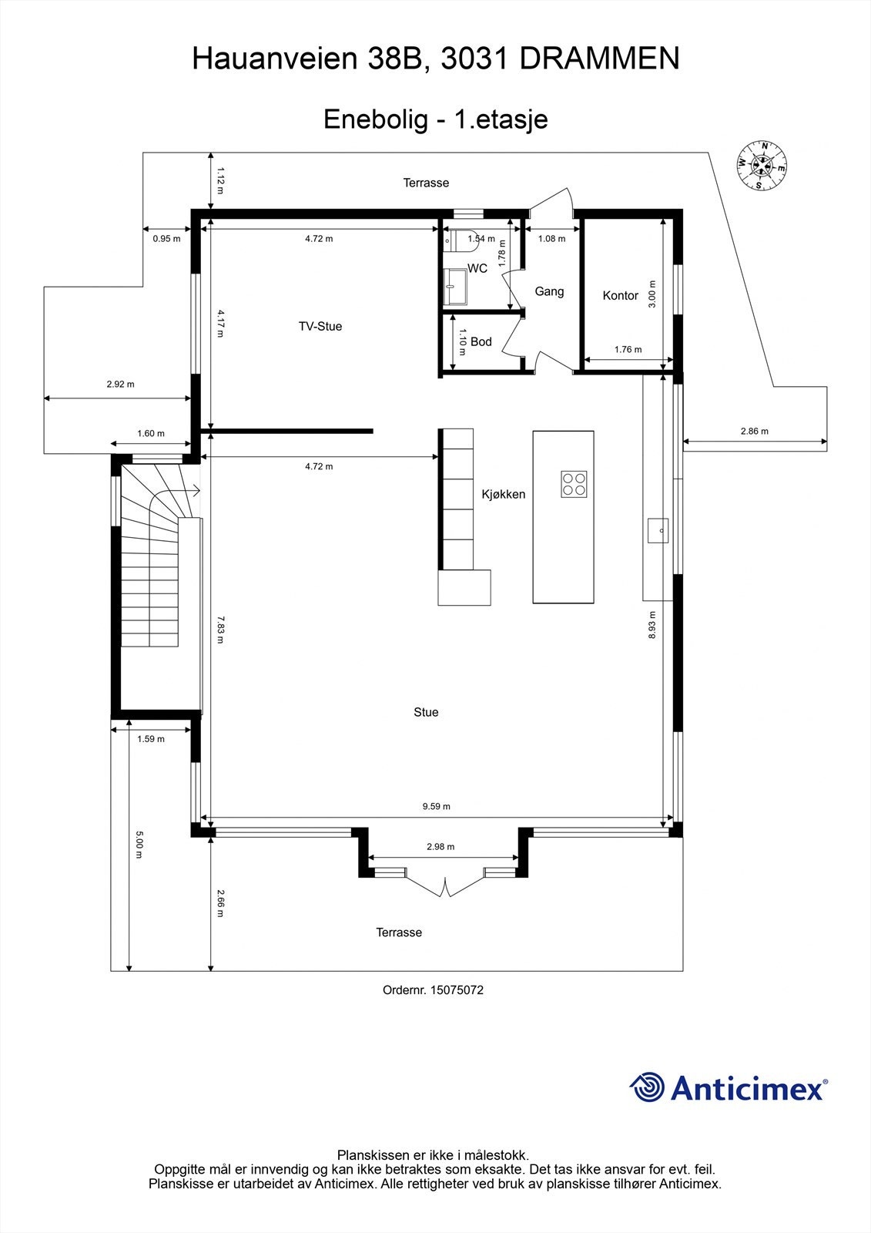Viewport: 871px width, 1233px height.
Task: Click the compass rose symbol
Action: point(761,165)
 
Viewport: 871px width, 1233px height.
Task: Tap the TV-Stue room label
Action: point(320,327)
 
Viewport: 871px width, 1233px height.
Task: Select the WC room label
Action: point(477,269)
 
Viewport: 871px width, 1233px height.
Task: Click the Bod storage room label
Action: point(481,342)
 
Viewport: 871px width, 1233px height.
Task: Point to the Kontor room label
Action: point(621,296)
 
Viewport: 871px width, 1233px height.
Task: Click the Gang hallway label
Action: point(549,292)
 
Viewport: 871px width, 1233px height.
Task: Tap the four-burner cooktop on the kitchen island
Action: point(574,484)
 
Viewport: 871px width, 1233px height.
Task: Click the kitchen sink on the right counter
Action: point(657,531)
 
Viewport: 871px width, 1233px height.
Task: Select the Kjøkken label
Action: point(504,495)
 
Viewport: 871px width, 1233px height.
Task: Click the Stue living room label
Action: point(426,713)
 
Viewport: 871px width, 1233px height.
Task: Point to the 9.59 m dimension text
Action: point(436,807)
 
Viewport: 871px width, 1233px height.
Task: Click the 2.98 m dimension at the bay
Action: point(441,847)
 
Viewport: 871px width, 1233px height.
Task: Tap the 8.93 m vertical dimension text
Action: point(652,625)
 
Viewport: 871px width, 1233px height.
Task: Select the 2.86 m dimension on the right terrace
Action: point(754,432)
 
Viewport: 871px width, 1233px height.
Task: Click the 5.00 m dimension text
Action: point(139,845)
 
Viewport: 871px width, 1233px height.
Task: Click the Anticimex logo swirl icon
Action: point(647,1087)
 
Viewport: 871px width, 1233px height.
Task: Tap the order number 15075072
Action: point(457,990)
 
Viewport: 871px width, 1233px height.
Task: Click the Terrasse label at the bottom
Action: point(399,933)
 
